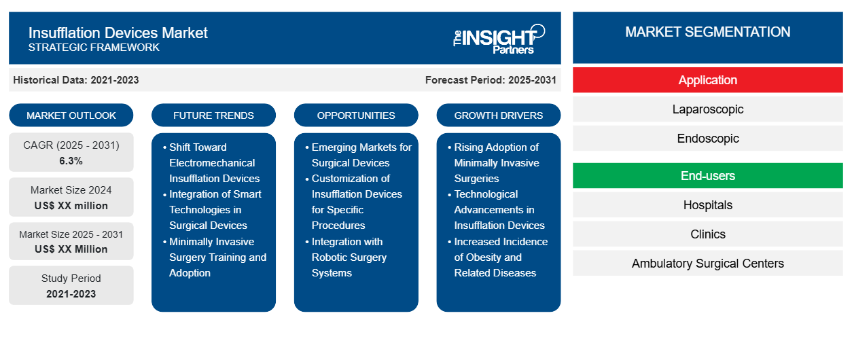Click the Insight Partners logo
[x=499, y=38]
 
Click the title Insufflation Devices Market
[x=118, y=33]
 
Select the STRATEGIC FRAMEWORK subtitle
[x=94, y=48]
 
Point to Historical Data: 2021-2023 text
[x=76, y=80]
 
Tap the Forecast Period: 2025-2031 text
[x=491, y=80]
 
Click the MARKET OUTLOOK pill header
[x=71, y=115]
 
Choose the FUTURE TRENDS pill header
[x=213, y=115]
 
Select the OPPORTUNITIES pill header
[x=356, y=115]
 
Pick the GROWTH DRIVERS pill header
[x=499, y=115]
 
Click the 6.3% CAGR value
[x=71, y=161]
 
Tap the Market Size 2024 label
[x=71, y=190]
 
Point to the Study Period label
[x=71, y=278]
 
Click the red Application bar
[x=707, y=80]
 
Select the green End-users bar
[x=707, y=176]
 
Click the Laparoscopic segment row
[x=707, y=109]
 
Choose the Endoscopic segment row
[x=707, y=139]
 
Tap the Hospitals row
[x=707, y=205]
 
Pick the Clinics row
[x=707, y=234]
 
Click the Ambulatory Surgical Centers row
[x=707, y=264]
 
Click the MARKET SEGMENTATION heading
[x=707, y=32]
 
